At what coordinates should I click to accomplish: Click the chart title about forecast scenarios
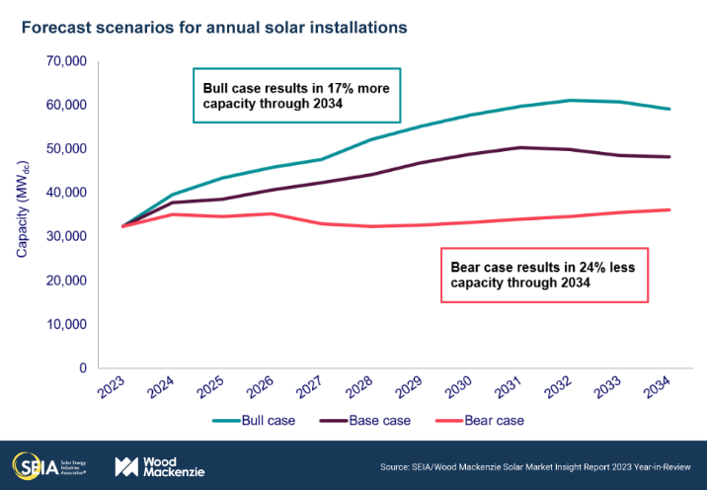click(212, 28)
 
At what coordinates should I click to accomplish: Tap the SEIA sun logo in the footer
click(26, 465)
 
